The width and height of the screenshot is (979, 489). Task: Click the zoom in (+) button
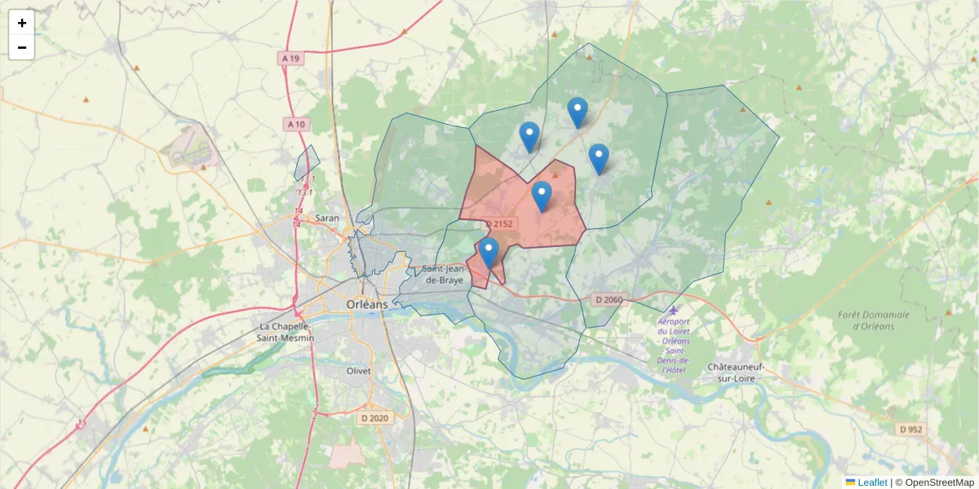(x=22, y=23)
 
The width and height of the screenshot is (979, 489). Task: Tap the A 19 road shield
(x=290, y=59)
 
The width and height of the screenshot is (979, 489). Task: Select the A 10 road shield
(x=295, y=124)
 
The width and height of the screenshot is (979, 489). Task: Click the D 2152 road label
(x=498, y=224)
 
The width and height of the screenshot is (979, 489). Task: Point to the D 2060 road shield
(x=609, y=300)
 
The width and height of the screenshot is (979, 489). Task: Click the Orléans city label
(x=367, y=304)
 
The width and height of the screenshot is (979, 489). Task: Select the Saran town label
(x=326, y=218)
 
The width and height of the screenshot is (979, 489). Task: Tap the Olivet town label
(x=359, y=371)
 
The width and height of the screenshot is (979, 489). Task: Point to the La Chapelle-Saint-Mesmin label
(x=281, y=332)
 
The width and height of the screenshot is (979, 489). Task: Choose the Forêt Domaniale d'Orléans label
(x=873, y=320)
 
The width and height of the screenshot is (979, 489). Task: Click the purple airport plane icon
(x=672, y=310)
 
